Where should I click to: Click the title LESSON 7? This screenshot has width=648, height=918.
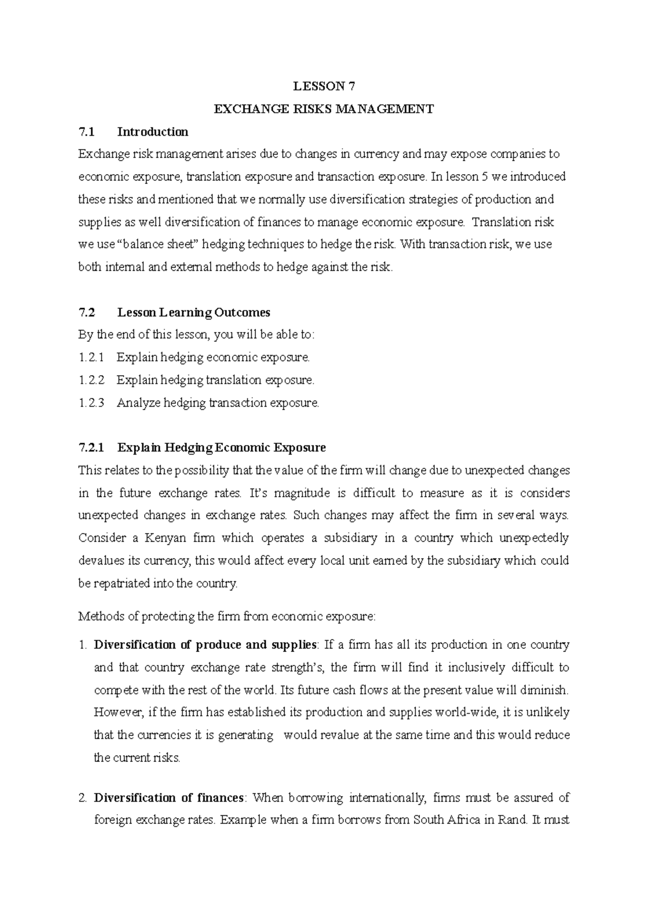(x=324, y=87)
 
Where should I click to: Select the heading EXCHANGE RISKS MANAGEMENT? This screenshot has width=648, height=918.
(x=324, y=109)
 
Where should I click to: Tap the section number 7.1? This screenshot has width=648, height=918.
(x=86, y=132)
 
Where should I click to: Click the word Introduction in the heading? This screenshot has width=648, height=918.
(x=153, y=132)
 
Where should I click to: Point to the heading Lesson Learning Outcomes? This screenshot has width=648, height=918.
(x=194, y=312)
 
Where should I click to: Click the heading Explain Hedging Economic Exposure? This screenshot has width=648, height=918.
(x=221, y=448)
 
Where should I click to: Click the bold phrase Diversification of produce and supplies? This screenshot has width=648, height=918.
(x=205, y=645)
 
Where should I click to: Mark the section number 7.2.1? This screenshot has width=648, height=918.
(x=90, y=448)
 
